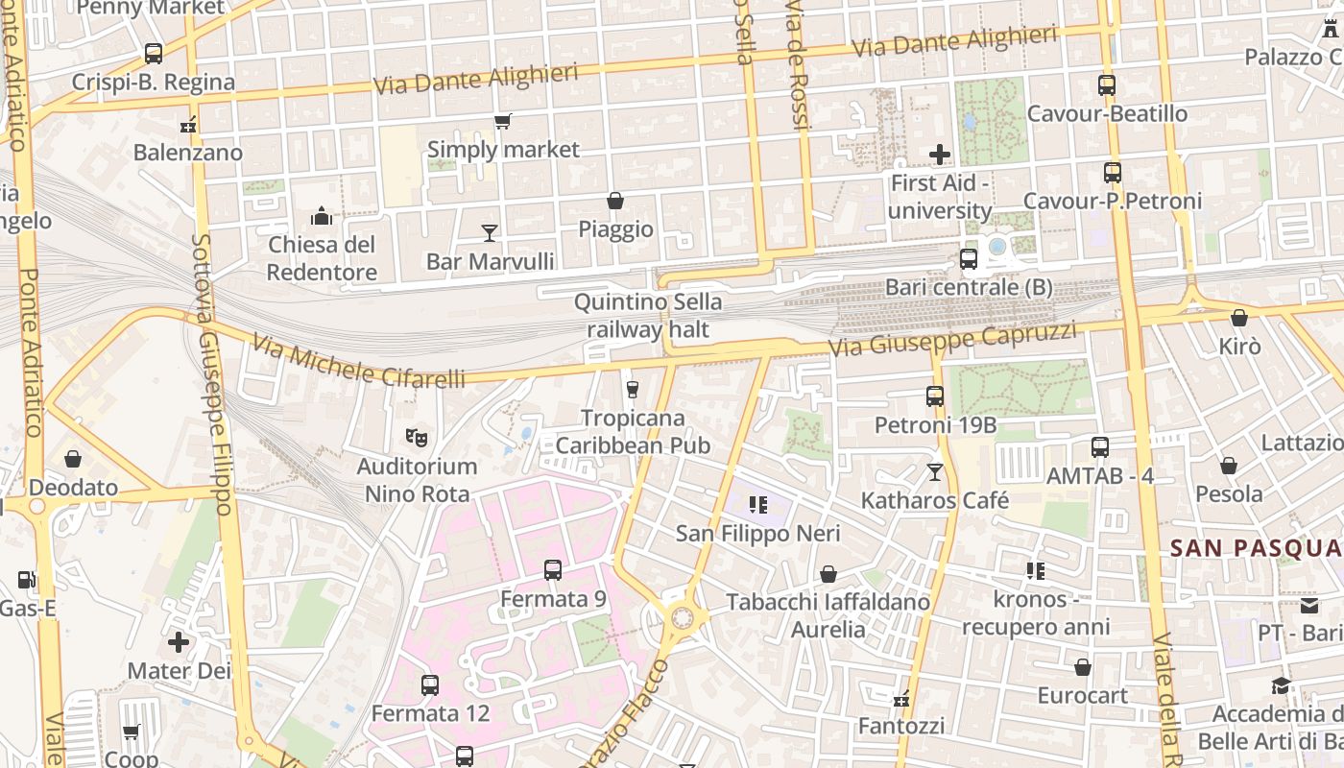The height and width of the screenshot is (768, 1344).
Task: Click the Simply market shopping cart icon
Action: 502,121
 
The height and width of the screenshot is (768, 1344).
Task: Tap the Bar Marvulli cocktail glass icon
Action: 490,232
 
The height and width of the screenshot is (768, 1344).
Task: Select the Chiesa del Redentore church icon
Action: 322,216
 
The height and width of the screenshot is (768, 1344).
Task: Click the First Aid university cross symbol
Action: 940,154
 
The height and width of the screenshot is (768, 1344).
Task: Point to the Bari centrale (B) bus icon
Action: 969,259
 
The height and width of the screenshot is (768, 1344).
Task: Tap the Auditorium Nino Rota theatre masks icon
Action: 417,438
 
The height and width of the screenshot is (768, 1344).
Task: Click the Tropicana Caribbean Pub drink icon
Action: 632,389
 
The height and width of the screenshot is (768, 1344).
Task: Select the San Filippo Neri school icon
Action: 758,504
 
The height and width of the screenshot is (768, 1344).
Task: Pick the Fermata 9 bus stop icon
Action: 553,569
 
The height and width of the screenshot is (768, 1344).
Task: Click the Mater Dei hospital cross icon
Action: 179,641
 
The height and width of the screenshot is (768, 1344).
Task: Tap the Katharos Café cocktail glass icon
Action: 935,471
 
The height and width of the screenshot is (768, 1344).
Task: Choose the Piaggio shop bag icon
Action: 615,201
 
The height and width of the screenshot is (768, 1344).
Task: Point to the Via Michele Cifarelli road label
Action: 359,363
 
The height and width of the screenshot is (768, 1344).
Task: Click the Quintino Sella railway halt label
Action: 648,316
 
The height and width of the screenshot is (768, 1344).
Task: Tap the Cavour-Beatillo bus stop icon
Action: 1107,85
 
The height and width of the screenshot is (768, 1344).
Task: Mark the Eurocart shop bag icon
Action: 1083,666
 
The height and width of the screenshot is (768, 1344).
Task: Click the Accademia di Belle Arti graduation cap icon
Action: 1282,685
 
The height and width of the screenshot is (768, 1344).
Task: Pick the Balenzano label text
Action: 188,152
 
